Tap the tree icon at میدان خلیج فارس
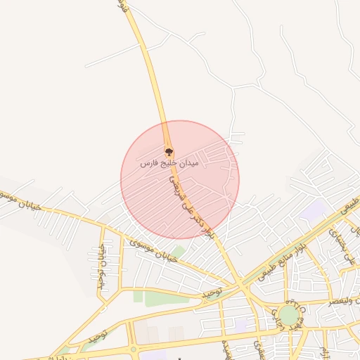point(168,151)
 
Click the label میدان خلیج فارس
point(169,163)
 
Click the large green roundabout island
point(288,314)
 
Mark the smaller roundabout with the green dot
point(134,349)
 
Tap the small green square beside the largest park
point(138,297)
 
